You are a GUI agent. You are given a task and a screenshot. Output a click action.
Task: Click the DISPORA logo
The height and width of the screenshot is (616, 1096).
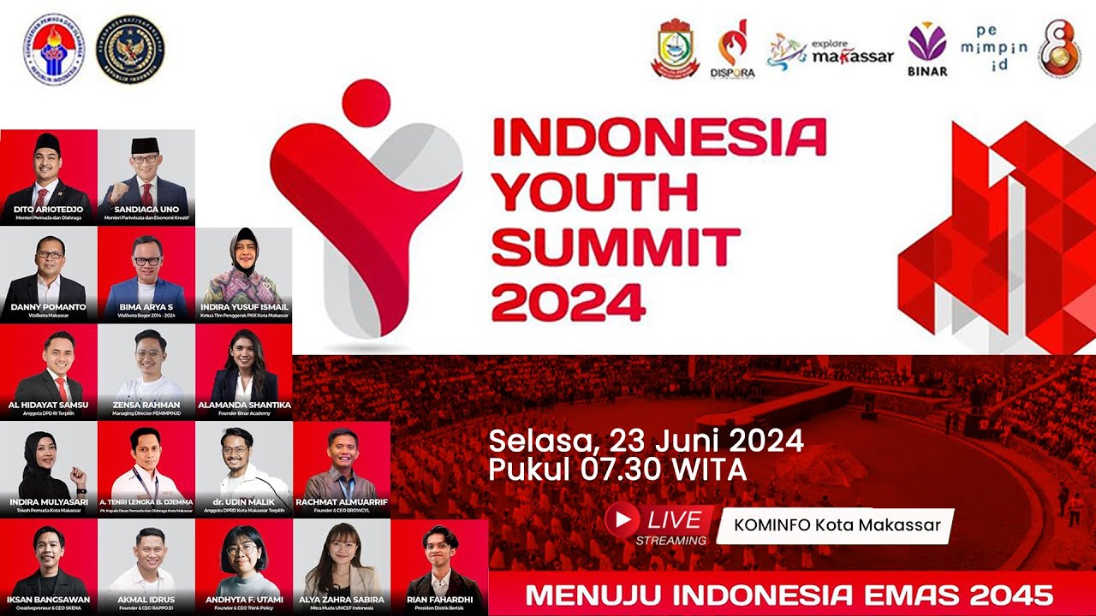click(x=732, y=53)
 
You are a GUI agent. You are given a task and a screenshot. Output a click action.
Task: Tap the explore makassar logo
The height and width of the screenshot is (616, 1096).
click(x=830, y=53)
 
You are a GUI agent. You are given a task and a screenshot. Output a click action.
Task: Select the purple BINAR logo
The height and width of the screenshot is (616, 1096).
click(x=927, y=50)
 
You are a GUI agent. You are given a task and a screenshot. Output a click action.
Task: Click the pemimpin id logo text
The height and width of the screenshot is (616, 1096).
click(x=993, y=47)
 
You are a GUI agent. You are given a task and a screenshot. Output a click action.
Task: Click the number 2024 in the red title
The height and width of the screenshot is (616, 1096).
click(x=569, y=301)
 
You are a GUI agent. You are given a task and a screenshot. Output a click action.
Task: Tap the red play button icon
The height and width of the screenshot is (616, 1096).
click(x=622, y=519)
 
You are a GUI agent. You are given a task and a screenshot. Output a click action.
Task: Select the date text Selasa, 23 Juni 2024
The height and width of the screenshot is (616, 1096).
click(x=646, y=441)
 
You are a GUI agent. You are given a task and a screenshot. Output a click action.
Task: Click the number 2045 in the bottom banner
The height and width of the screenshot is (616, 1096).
click(x=1010, y=595)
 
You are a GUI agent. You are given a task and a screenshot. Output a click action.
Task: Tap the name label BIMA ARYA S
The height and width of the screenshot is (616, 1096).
click(x=146, y=306)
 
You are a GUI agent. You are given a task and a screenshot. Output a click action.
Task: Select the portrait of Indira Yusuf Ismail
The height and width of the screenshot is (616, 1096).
click(x=244, y=265)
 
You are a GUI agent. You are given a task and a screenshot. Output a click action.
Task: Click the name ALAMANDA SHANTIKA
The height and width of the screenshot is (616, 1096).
click(x=244, y=405)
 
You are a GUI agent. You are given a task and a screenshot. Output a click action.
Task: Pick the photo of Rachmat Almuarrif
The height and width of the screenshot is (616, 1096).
click(x=341, y=462)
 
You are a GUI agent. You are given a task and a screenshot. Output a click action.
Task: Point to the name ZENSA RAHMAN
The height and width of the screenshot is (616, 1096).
click(x=146, y=405)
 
